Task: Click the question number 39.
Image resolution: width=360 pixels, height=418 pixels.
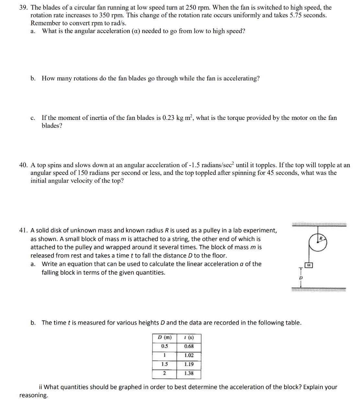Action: [x=23, y=7]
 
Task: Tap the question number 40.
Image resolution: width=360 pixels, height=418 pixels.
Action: [x=23, y=165]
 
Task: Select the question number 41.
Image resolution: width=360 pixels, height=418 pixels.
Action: [x=23, y=230]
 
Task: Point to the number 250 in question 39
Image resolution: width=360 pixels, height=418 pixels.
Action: [x=191, y=7]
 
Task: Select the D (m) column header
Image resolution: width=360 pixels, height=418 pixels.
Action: [x=165, y=337]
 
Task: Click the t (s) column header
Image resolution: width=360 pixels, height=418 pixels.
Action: [x=189, y=337]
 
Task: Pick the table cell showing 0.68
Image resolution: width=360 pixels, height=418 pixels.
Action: [x=189, y=346]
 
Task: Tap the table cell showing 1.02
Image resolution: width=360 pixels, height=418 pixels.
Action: [x=189, y=355]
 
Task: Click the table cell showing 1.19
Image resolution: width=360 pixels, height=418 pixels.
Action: [x=189, y=364]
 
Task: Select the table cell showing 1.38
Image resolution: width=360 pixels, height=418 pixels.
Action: [x=189, y=373]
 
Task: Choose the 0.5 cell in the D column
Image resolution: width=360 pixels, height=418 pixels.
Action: [x=165, y=346]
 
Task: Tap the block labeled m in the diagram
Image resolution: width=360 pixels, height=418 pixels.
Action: [x=309, y=265]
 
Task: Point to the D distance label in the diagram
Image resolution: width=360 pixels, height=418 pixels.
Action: [x=301, y=278]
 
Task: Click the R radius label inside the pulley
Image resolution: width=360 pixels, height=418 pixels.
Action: [x=321, y=239]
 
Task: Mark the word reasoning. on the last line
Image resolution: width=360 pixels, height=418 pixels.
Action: [x=34, y=395]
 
